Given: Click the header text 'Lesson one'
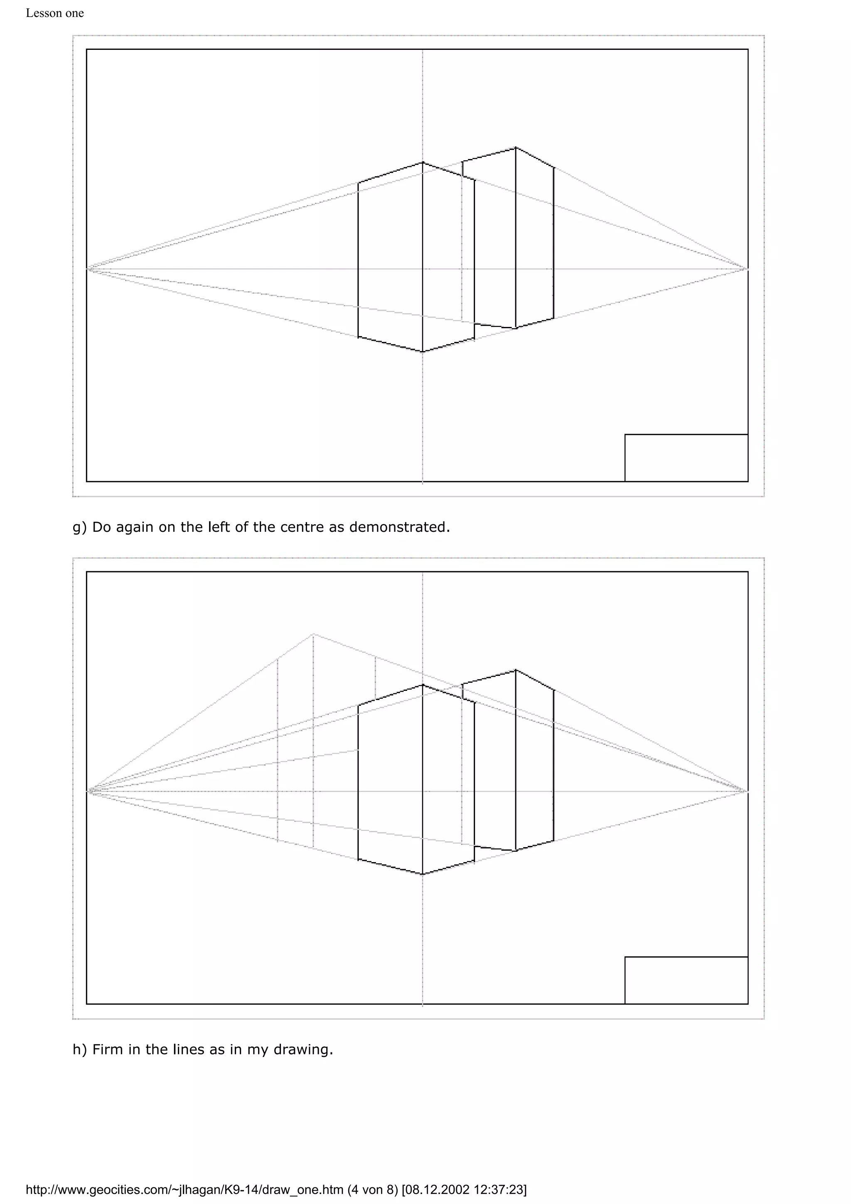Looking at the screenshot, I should click(x=54, y=13).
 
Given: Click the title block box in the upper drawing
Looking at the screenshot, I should click(x=686, y=458).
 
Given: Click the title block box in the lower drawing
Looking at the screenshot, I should click(x=686, y=980).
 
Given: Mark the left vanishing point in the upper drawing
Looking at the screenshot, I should click(x=88, y=269).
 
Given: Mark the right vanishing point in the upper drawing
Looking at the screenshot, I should click(x=747, y=269).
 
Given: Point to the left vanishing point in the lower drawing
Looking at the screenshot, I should click(x=88, y=791).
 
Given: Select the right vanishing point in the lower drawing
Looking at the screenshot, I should click(x=747, y=791).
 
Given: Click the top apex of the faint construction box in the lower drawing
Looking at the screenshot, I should click(x=313, y=634).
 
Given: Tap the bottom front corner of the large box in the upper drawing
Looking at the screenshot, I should click(x=423, y=352).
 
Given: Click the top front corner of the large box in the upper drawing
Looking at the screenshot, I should click(x=423, y=162).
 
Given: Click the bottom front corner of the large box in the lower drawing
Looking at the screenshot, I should click(x=423, y=874).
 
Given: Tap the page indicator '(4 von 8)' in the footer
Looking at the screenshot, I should click(x=372, y=1189).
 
